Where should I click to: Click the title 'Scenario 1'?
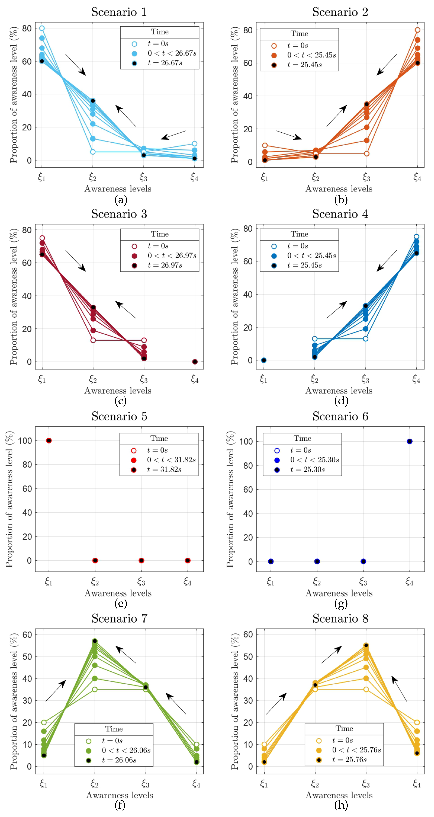tap(119, 12)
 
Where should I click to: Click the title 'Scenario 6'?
tap(340, 416)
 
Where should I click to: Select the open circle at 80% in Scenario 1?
tap(42, 28)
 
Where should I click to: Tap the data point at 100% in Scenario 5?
tap(49, 441)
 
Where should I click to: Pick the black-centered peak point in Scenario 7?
tap(95, 641)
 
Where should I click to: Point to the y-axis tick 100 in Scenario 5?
tap(25, 441)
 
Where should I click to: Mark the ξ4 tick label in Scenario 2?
tap(417, 177)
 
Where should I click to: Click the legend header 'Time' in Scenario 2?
tap(299, 34)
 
